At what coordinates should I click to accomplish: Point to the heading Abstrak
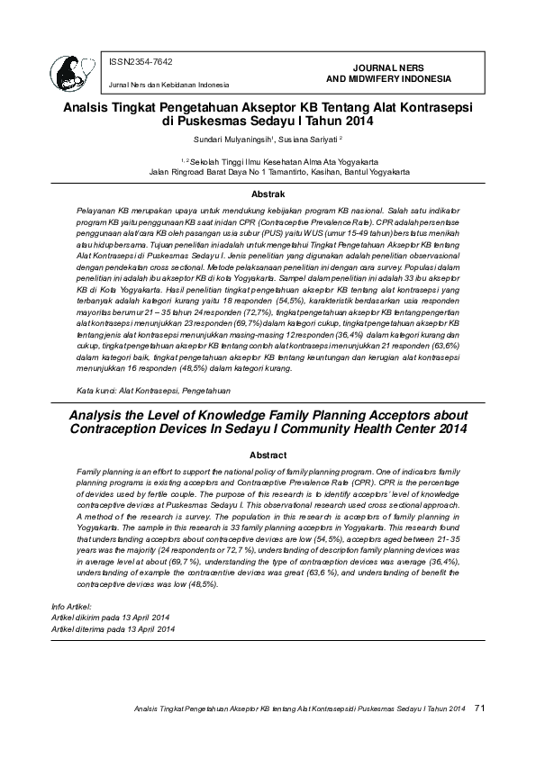tap(268, 194)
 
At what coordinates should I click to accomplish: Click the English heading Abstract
tap(268, 456)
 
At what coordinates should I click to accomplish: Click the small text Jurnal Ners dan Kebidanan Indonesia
tap(168, 85)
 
